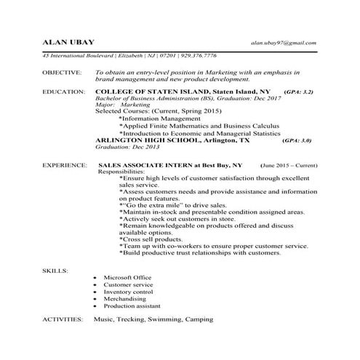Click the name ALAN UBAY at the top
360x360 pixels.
(x=65, y=42)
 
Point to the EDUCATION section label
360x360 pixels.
(x=63, y=92)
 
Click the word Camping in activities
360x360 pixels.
(x=199, y=319)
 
